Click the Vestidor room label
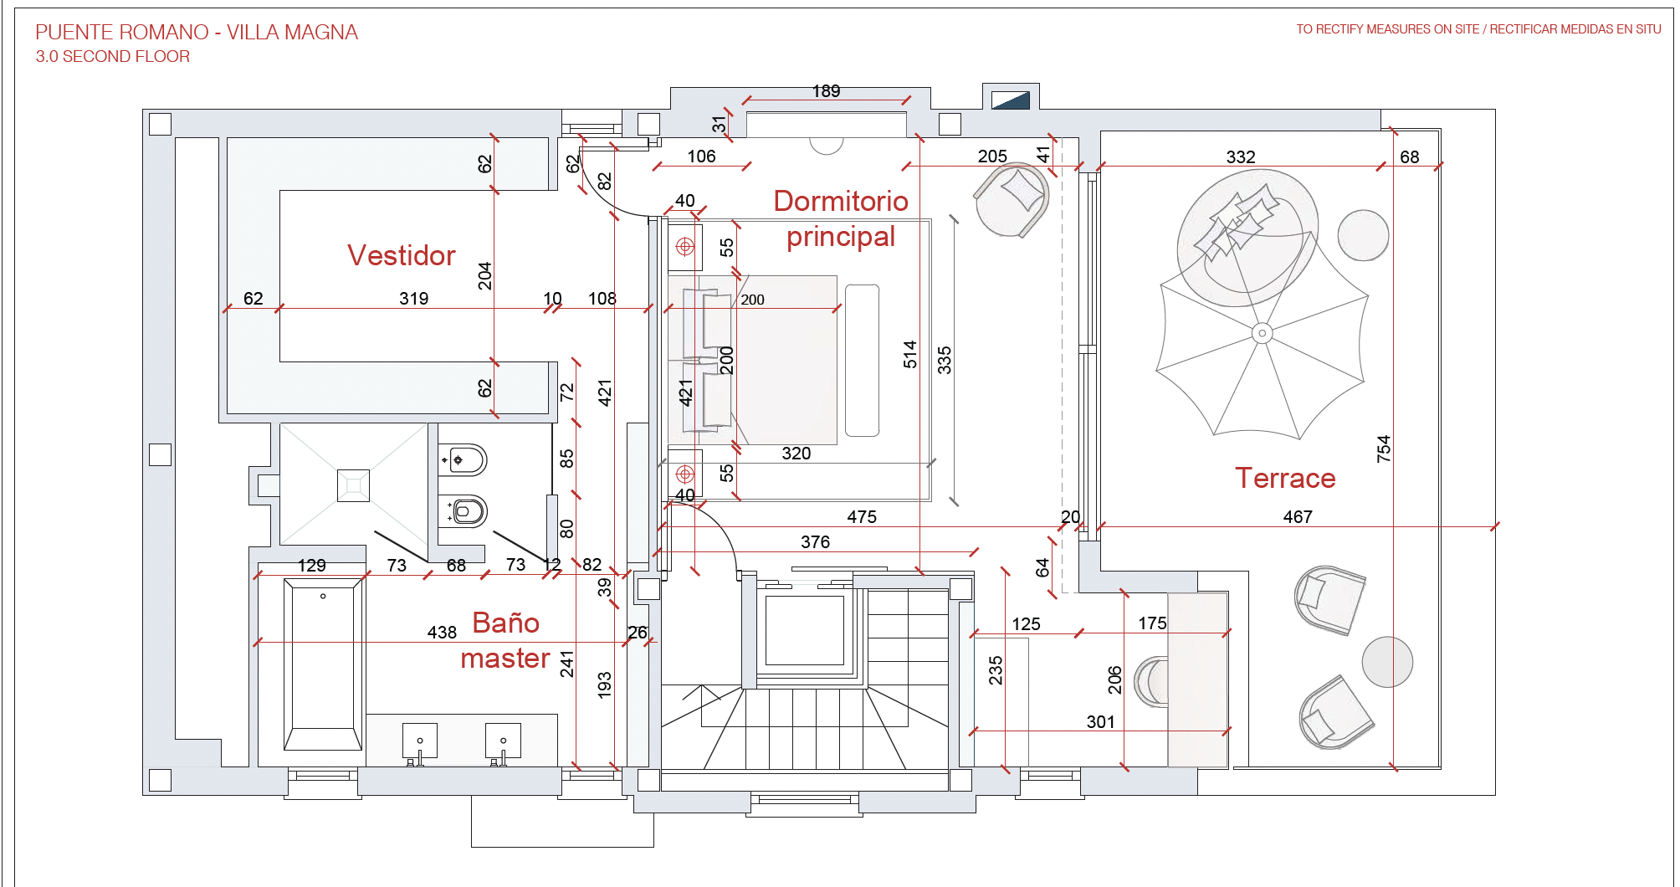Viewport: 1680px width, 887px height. click(x=402, y=255)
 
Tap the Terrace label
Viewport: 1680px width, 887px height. click(x=1285, y=478)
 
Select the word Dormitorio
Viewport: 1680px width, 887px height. click(x=841, y=201)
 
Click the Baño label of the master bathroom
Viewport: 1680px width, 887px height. click(x=505, y=623)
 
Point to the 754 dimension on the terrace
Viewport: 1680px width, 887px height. click(x=1384, y=449)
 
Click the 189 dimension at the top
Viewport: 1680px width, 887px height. click(x=826, y=91)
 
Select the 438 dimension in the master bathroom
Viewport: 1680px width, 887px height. click(x=442, y=633)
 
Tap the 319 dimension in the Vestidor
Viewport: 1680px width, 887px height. click(x=413, y=299)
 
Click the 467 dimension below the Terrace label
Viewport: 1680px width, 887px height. click(x=1298, y=517)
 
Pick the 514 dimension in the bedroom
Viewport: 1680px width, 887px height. click(x=910, y=355)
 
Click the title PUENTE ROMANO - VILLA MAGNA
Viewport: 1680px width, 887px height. click(x=197, y=33)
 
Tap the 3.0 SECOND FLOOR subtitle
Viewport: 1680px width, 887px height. click(x=113, y=56)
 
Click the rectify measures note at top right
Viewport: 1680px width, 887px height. click(x=1478, y=29)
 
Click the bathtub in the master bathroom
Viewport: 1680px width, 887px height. click(x=323, y=665)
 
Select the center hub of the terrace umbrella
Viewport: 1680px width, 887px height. click(x=1262, y=333)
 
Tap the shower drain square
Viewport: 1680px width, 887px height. click(x=353, y=485)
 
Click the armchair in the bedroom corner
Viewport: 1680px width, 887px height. click(x=1012, y=200)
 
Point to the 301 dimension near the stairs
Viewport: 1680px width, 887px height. click(x=1100, y=722)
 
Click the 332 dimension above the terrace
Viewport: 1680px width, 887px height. click(x=1241, y=157)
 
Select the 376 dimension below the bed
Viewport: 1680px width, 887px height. click(x=815, y=542)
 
